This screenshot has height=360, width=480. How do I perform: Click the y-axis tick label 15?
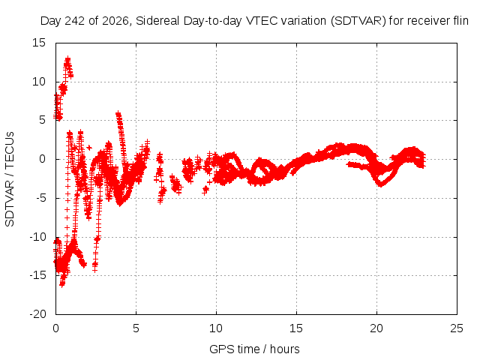pos(39,43)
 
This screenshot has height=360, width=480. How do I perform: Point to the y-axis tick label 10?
pos(39,82)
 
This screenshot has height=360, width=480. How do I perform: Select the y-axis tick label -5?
pos(40,198)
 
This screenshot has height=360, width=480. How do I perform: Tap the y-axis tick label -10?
pos(37,237)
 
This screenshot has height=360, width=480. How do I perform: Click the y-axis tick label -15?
pos(37,275)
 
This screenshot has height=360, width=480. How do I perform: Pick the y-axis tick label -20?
pos(37,314)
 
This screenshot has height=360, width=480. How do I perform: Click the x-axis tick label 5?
pos(136,328)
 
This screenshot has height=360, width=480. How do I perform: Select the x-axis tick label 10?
pos(216,328)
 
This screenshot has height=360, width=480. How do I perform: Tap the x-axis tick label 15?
pos(296,328)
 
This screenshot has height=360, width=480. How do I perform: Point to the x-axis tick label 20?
pos(376,328)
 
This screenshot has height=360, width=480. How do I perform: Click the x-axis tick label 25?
pos(457,328)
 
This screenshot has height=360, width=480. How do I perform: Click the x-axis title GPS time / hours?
pos(254,349)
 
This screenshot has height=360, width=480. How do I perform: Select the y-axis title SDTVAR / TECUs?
pos(10,179)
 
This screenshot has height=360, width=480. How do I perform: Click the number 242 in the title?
pos(75,21)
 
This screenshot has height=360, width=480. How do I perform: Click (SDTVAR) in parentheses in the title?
pos(358,21)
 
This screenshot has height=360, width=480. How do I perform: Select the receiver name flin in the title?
pos(461,21)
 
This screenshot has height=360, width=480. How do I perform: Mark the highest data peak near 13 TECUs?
pos(67,58)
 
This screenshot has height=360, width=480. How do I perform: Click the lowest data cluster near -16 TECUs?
pos(62,284)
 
